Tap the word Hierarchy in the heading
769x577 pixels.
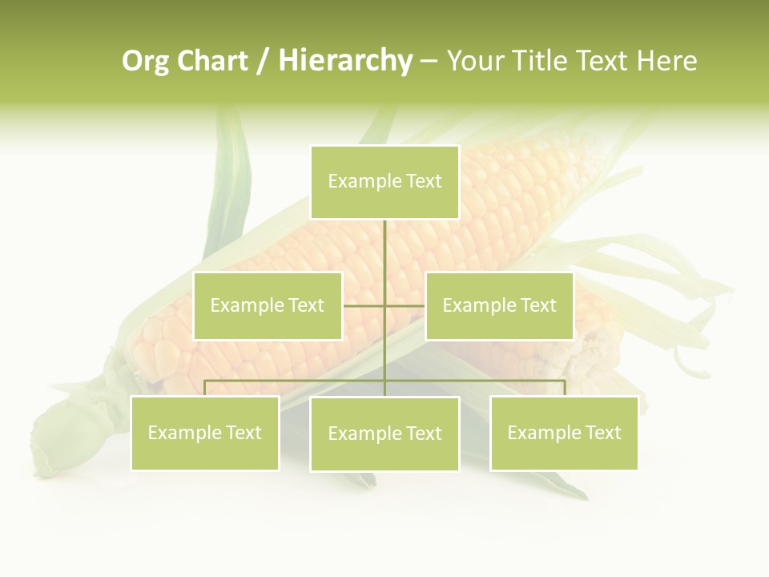[x=344, y=61]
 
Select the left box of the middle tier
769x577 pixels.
[x=268, y=305]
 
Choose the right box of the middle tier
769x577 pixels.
[x=499, y=305]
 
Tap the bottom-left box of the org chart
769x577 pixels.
[x=205, y=433]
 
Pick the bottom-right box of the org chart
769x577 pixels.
[x=564, y=433]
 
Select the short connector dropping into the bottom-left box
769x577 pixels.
[x=205, y=388]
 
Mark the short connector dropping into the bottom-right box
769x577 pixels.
[x=564, y=388]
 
